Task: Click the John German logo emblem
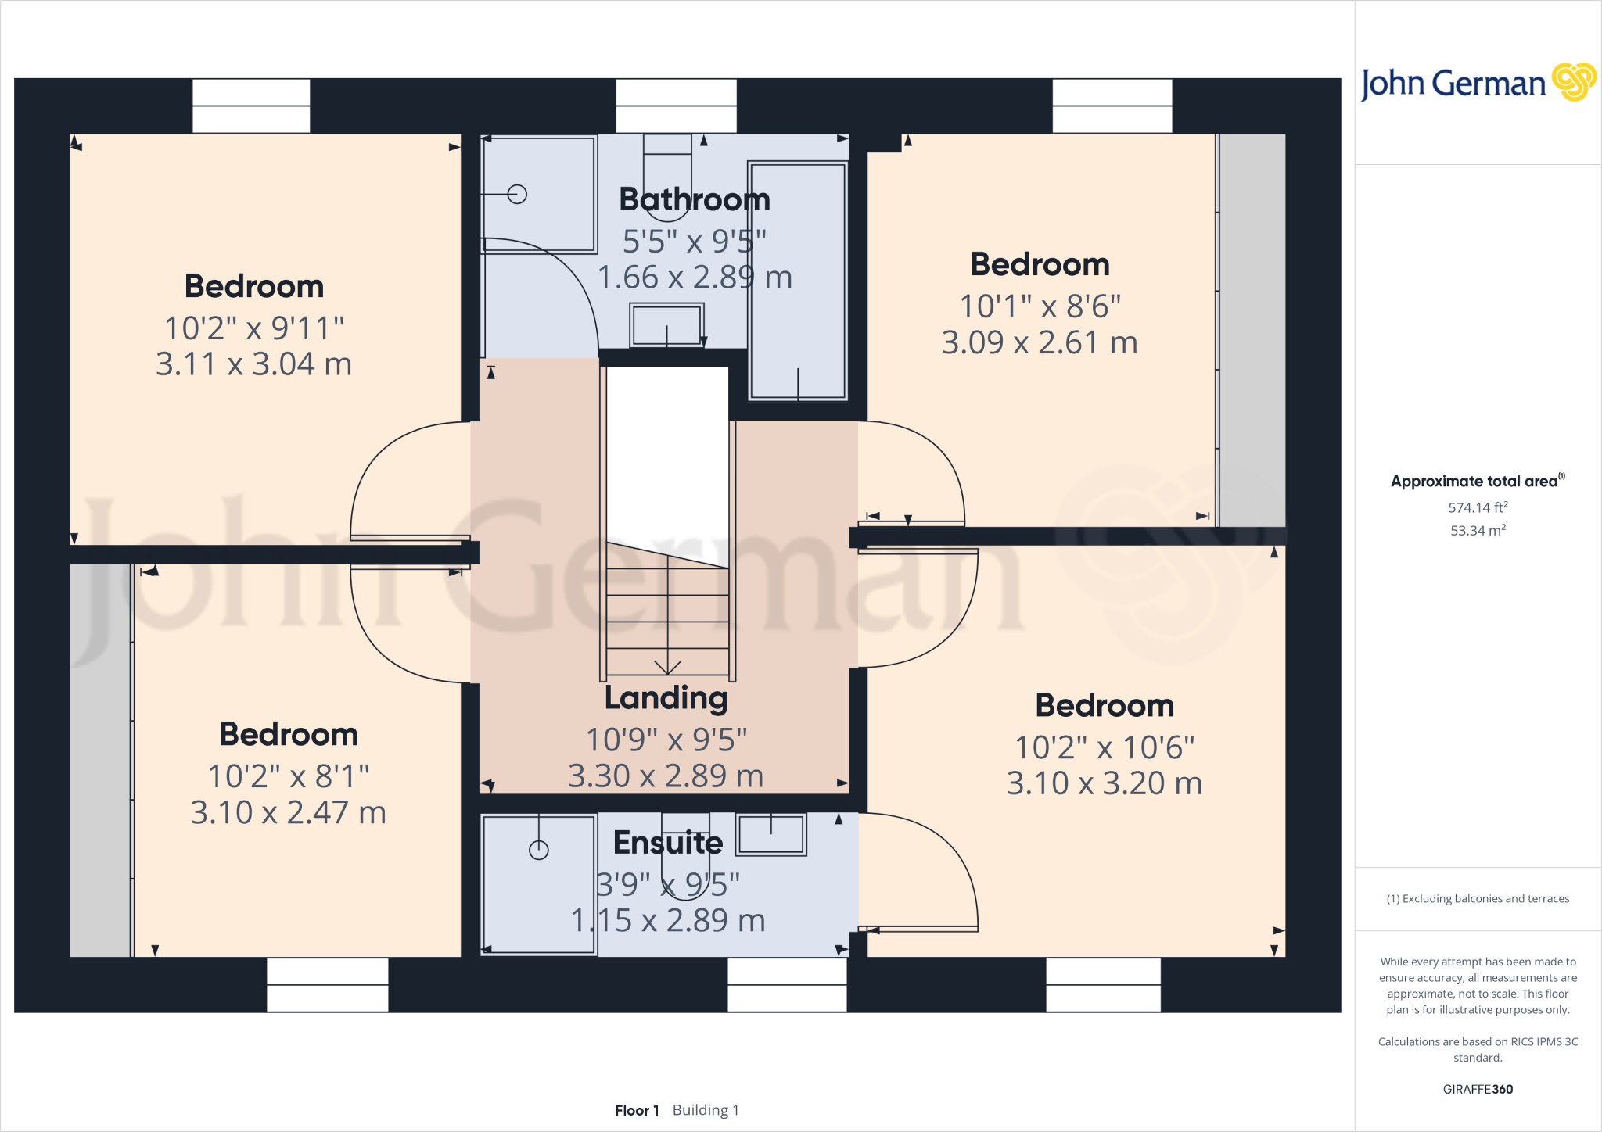tap(1573, 82)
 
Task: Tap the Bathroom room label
tap(695, 200)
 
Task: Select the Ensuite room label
tap(668, 843)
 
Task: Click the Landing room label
tap(666, 698)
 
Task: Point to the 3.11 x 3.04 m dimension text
tap(253, 364)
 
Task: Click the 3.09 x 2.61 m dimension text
tap(1040, 342)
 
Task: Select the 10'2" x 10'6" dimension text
tap(1105, 747)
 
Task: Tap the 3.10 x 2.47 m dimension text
tap(289, 813)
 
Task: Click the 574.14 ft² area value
tap(1478, 507)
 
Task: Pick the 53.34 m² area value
tap(1478, 530)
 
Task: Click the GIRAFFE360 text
tap(1478, 1089)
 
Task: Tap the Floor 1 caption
tap(637, 1110)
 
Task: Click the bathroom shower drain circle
tap(517, 194)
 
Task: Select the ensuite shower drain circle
tap(539, 850)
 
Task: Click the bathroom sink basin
tap(666, 325)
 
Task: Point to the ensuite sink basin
tap(771, 834)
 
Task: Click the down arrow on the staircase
tap(667, 666)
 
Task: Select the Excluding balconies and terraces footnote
tap(1478, 899)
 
